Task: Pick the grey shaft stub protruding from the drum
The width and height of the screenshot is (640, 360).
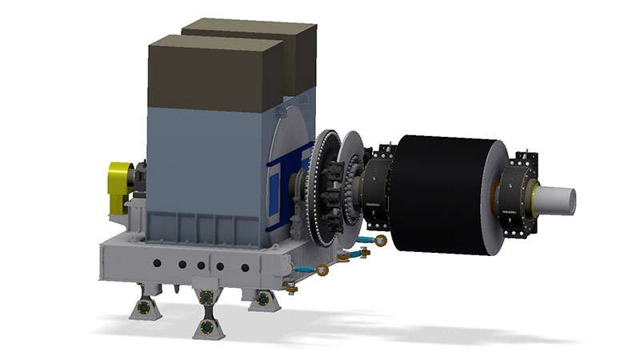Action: pos(560,198)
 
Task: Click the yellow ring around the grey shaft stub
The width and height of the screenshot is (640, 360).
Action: pos(534,197)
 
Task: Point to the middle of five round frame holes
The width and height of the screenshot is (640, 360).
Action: pos(182,265)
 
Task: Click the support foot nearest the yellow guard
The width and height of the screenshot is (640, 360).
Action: pos(144,303)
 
